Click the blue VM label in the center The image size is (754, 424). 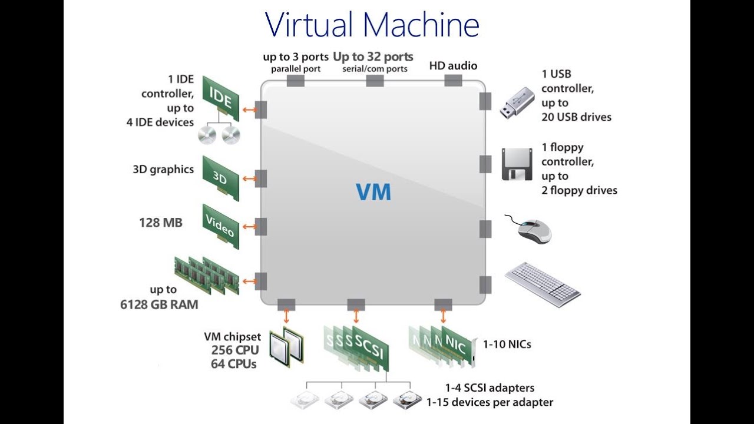373,192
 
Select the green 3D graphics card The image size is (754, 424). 221,176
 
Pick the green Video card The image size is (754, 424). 221,226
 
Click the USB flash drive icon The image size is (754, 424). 517,102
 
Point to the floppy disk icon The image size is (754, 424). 517,164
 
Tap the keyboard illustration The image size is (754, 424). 543,284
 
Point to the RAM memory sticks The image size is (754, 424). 207,275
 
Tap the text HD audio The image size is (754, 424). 453,66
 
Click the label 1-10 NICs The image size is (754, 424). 507,344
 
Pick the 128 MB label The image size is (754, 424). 161,223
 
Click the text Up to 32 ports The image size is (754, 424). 373,57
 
